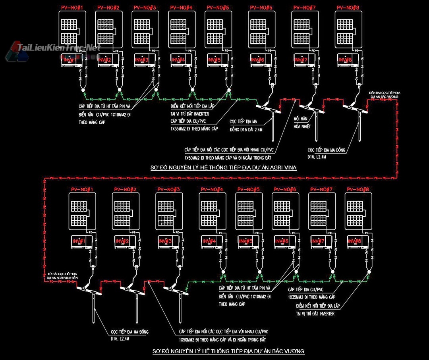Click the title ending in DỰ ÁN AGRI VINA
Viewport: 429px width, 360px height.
coord(224,167)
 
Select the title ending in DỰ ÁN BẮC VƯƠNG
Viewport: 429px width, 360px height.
coord(228,351)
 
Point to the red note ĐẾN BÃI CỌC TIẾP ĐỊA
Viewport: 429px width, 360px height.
coord(384,94)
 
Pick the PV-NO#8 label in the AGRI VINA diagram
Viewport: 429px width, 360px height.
coord(348,8)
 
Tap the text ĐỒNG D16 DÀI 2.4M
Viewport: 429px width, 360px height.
coord(245,129)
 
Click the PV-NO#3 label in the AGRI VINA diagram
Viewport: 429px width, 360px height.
coord(145,8)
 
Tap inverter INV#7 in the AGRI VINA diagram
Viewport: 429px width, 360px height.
coord(304,60)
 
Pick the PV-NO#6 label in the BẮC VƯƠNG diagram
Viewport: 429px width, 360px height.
coord(285,189)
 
